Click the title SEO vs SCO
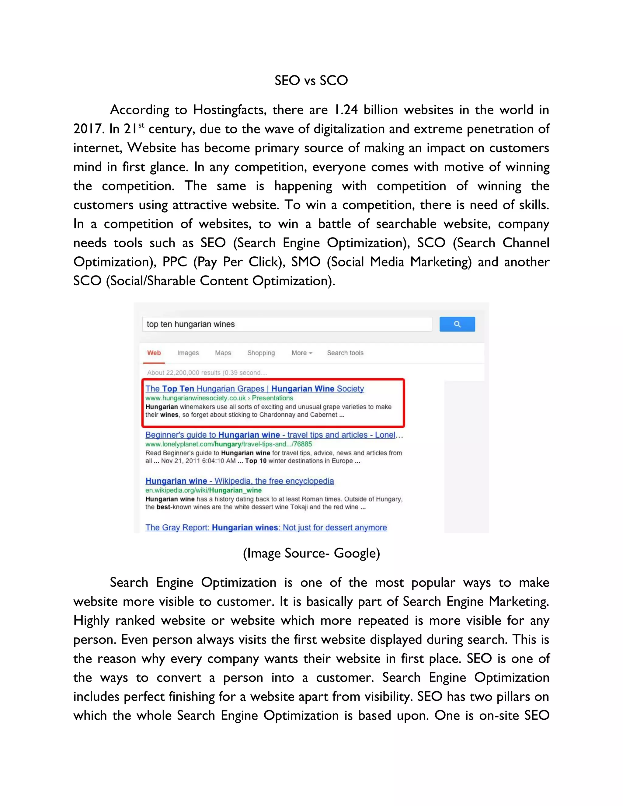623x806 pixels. click(311, 81)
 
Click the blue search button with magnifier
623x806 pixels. click(457, 324)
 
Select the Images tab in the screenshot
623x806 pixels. click(188, 353)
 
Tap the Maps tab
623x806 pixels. click(223, 353)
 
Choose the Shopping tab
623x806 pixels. click(261, 353)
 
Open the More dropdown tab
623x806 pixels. click(301, 353)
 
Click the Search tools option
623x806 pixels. click(345, 353)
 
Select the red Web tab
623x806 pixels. click(154, 353)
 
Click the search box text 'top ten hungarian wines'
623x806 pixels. click(190, 324)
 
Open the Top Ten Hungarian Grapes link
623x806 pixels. click(254, 389)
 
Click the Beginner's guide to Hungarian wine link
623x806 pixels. click(273, 435)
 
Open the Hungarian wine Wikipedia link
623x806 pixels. click(239, 481)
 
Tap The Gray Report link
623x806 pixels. click(266, 527)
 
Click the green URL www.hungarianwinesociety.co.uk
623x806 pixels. click(196, 398)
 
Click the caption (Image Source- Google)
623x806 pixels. click(311, 553)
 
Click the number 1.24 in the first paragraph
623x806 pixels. click(346, 110)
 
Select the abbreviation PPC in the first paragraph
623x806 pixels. click(175, 262)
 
